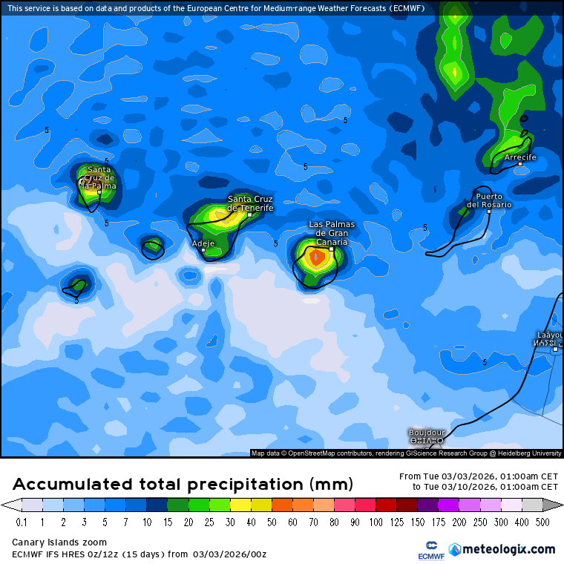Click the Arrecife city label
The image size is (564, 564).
520,158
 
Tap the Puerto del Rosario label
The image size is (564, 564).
489,200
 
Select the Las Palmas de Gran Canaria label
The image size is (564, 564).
332,233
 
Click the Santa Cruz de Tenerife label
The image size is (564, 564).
250,203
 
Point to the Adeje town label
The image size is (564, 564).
203,243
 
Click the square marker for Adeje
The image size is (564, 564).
203,250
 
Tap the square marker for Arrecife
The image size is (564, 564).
520,165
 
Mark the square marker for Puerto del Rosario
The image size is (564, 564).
489,211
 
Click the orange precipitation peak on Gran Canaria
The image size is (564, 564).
315,258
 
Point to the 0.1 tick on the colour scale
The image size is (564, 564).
21,522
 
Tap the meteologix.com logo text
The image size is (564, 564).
509,549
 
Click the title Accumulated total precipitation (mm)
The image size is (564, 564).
183,485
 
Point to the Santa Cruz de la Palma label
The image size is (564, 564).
99,177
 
